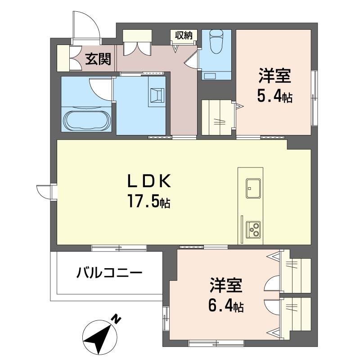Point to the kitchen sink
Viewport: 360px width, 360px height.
pyautogui.click(x=253, y=188)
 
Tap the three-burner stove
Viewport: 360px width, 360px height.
pyautogui.click(x=253, y=229)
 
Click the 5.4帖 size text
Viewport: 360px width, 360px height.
pyautogui.click(x=274, y=96)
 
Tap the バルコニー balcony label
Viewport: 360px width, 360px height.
pyautogui.click(x=109, y=273)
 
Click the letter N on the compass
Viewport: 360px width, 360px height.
pyautogui.click(x=116, y=319)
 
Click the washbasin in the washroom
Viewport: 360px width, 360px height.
pyautogui.click(x=157, y=95)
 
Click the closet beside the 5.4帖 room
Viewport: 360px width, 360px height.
pyautogui.click(x=218, y=117)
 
